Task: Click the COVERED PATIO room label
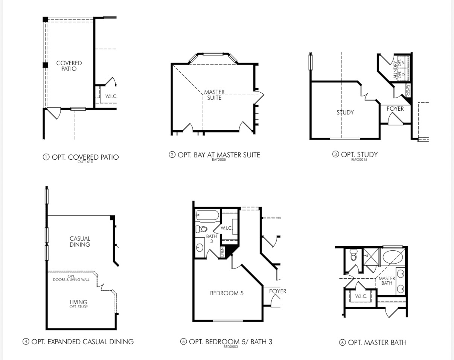point(69,66)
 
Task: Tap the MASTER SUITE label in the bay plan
point(214,95)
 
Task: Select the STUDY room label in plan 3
point(345,112)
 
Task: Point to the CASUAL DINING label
point(80,241)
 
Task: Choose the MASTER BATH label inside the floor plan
point(387,281)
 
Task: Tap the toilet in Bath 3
point(202,229)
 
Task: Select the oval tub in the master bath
point(393,258)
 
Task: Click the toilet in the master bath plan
point(353,256)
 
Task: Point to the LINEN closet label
point(222,252)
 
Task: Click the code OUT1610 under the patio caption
point(85,162)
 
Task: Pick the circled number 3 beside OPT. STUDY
point(335,154)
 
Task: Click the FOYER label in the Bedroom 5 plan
point(277,291)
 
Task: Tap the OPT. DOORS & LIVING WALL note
point(71,278)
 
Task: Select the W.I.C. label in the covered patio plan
point(111,96)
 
